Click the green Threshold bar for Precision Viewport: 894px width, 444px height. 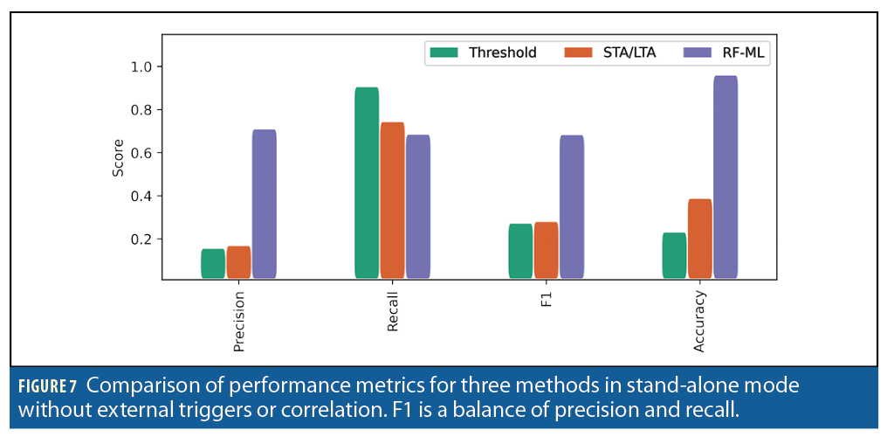pyautogui.click(x=213, y=264)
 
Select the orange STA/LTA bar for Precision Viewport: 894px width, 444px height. pyautogui.click(x=238, y=262)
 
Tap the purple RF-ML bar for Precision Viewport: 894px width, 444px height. pyautogui.click(x=264, y=204)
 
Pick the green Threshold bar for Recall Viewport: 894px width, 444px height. pyautogui.click(x=367, y=183)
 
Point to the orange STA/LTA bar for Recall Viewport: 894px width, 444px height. pyautogui.click(x=392, y=200)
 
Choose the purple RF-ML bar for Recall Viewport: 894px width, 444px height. pyautogui.click(x=418, y=206)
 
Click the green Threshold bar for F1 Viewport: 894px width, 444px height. pyautogui.click(x=520, y=251)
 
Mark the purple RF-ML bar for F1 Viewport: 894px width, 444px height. pyautogui.click(x=572, y=206)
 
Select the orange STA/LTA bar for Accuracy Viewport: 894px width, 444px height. pyautogui.click(x=699, y=239)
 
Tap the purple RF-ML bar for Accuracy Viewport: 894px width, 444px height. pyautogui.click(x=726, y=177)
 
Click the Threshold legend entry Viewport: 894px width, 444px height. pyautogui.click(x=483, y=52)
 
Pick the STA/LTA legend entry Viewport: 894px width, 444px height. pyautogui.click(x=609, y=52)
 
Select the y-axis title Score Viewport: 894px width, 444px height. pyautogui.click(x=118, y=157)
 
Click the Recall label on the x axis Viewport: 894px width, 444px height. pyautogui.click(x=393, y=312)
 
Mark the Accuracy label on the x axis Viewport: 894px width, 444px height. pyautogui.click(x=700, y=322)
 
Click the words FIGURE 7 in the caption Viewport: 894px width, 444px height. pyautogui.click(x=49, y=386)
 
